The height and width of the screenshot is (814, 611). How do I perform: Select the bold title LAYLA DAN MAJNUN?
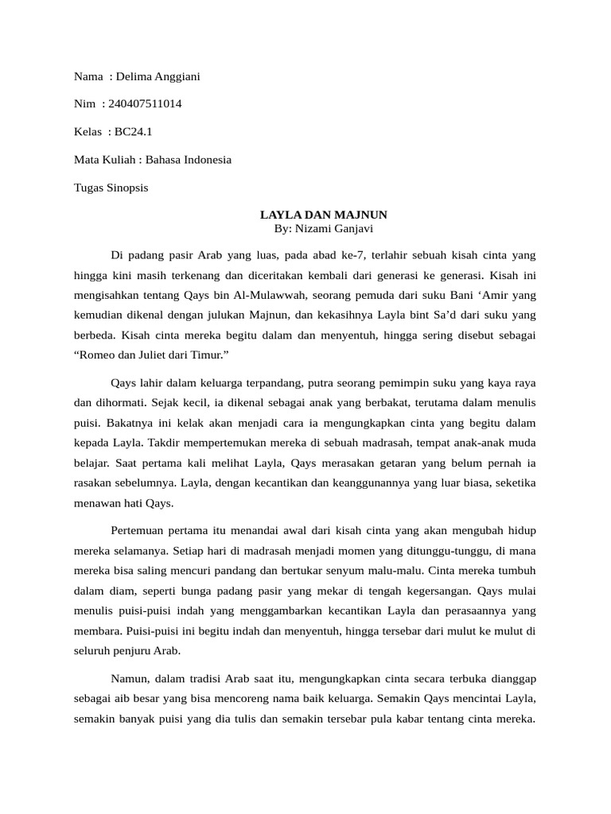pos(324,215)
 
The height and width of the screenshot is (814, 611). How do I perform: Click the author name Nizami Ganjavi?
pos(334,228)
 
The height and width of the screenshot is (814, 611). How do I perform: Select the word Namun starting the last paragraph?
pos(130,678)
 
